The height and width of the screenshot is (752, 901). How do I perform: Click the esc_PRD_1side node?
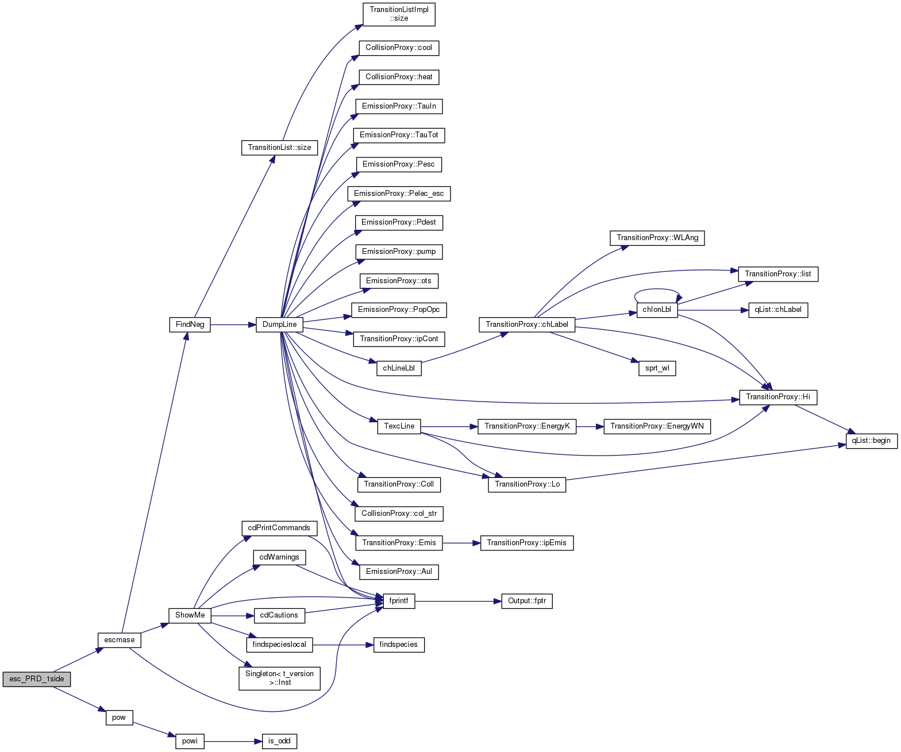36,678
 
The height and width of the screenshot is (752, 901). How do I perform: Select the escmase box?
119,640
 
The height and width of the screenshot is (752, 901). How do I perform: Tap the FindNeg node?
190,325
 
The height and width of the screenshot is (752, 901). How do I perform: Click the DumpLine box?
279,325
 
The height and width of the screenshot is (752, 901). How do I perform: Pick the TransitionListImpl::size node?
399,14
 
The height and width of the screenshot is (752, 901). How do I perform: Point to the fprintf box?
399,601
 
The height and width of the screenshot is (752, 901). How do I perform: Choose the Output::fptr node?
526,601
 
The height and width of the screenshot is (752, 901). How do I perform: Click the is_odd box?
279,741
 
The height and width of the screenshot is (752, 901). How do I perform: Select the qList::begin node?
871,441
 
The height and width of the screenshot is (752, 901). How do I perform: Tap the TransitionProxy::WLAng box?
657,238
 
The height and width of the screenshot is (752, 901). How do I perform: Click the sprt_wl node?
657,368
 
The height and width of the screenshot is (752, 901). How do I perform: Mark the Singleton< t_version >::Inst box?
279,678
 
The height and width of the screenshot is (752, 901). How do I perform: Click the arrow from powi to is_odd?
233,741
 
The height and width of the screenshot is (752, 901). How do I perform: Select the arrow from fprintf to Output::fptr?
458,601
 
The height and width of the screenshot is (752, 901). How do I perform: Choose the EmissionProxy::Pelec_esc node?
399,194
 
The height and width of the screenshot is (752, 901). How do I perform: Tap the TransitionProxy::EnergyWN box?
657,426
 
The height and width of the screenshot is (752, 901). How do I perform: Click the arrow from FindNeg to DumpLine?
233,325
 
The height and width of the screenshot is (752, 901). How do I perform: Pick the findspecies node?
399,645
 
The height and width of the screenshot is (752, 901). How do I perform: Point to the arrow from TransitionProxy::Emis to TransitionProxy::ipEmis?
461,543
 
